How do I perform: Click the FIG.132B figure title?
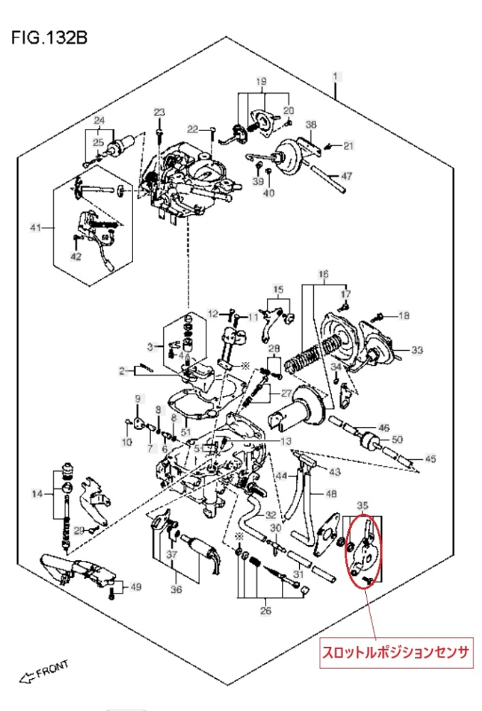(49, 37)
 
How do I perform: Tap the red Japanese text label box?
(397, 653)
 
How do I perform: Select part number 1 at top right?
(335, 75)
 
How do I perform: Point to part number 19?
(261, 82)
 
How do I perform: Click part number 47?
(347, 176)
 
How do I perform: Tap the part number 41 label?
(36, 227)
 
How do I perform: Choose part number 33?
(416, 349)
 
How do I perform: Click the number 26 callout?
(266, 611)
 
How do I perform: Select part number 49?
(135, 586)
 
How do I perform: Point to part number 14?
(37, 493)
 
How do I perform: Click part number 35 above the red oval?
(363, 505)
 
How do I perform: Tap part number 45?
(430, 459)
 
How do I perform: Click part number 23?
(159, 112)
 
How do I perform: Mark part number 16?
(323, 274)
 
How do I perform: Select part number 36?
(176, 589)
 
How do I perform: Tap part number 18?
(404, 315)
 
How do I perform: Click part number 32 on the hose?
(271, 515)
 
